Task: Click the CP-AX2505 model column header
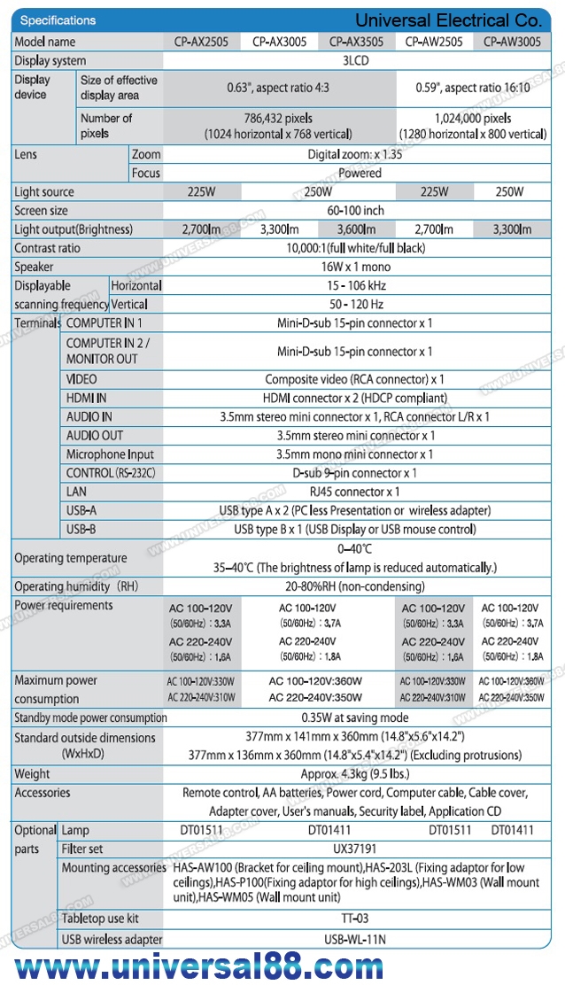201,42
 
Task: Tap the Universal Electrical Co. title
447,19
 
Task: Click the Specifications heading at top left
58,20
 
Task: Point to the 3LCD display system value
354,61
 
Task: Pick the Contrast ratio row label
47,248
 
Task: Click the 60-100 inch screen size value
355,211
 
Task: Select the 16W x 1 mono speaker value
355,267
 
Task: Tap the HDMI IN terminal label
87,398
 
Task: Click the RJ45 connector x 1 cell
355,492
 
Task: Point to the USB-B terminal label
81,529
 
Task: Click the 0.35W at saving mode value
355,717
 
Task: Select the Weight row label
33,774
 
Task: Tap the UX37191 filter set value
355,849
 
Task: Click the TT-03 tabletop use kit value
355,919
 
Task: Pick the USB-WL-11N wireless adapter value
355,939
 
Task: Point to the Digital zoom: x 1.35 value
354,154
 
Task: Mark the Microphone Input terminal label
110,454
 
